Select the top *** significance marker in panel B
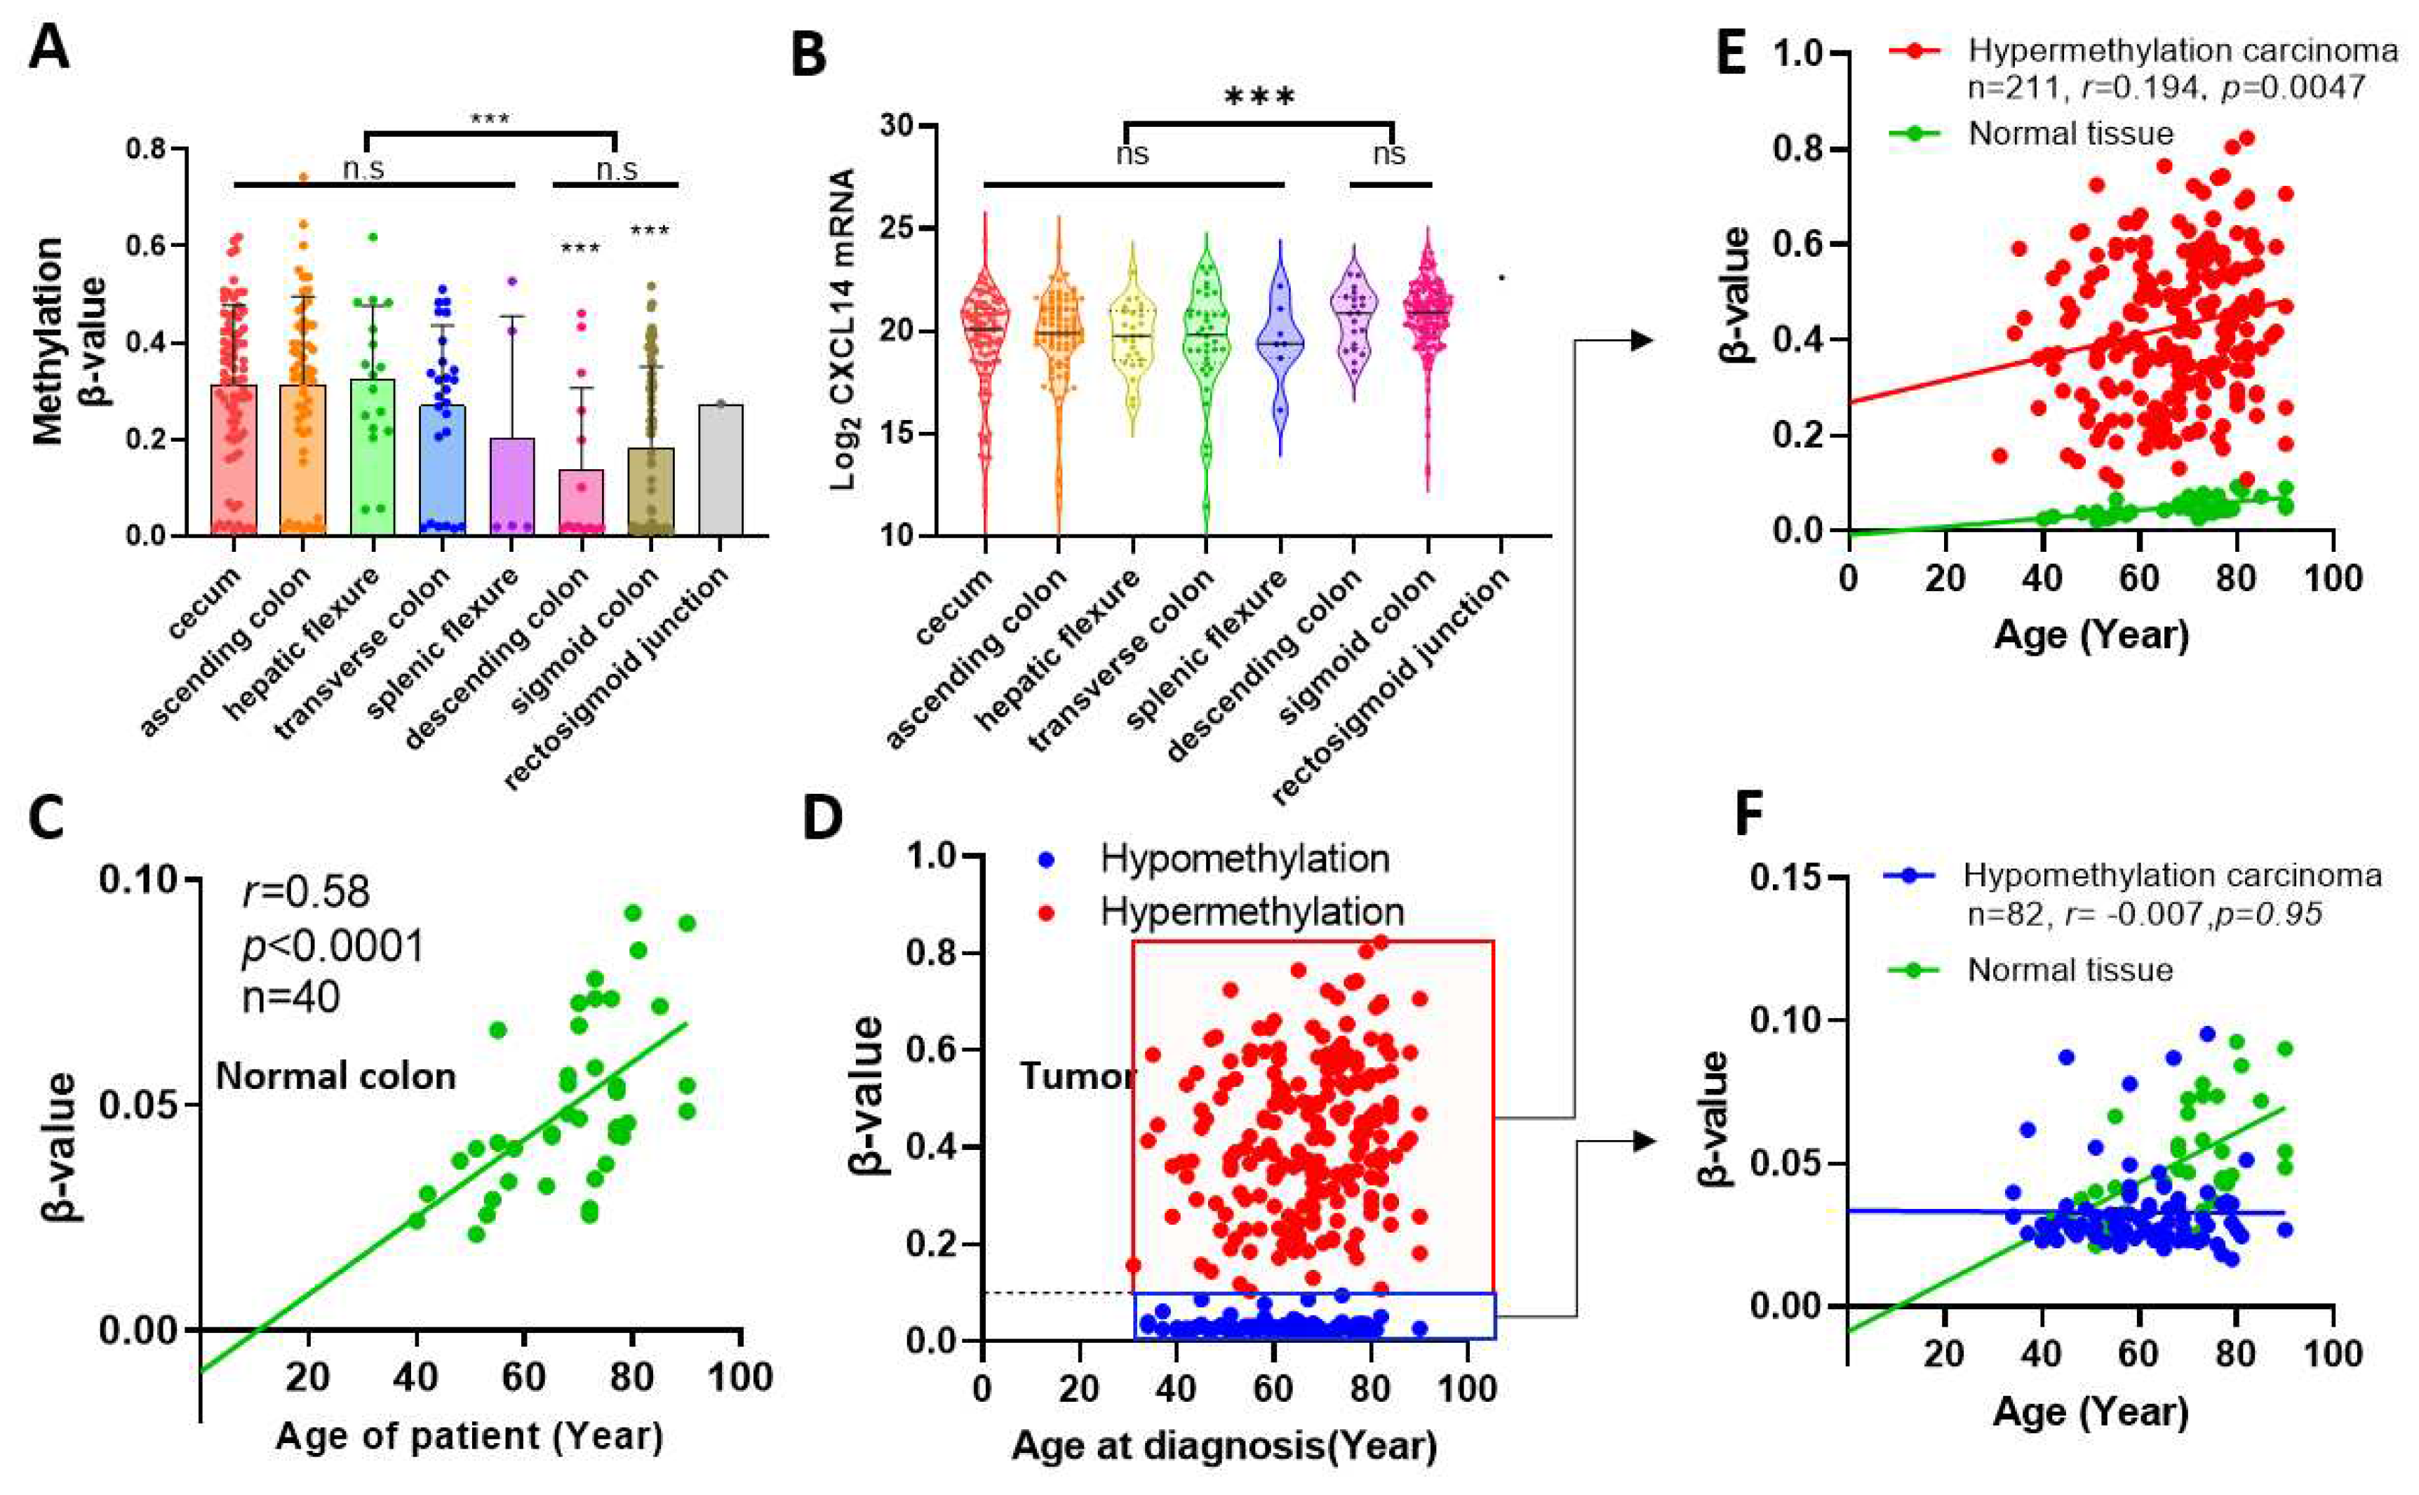pos(1258,97)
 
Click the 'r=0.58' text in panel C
pos(307,892)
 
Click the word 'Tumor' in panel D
pos(1076,1076)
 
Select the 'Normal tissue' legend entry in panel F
pos(2070,969)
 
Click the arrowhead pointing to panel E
pos(1642,340)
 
